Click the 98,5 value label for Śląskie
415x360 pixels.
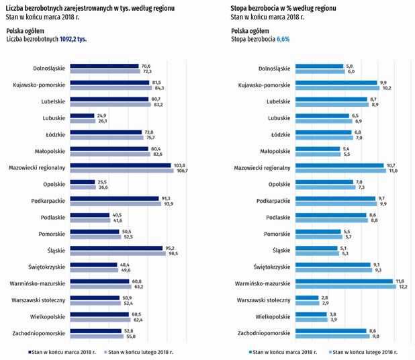(171, 253)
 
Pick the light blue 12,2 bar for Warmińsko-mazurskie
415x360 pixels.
(347, 286)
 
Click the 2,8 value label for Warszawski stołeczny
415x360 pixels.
(325, 297)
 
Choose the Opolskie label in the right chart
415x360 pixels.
(277, 183)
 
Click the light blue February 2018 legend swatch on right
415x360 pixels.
(329, 351)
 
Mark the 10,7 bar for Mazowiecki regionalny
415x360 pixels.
(340, 165)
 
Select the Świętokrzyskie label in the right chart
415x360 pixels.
(272, 267)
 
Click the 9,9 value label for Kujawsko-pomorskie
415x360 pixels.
(383, 82)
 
